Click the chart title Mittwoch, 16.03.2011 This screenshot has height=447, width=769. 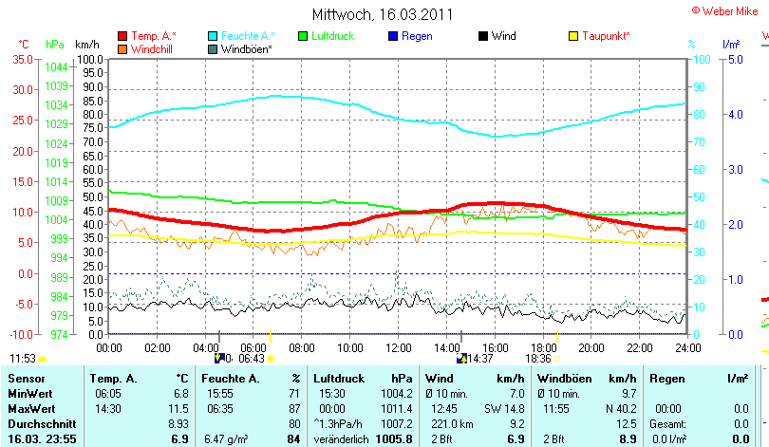click(x=383, y=15)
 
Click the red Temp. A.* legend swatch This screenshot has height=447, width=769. click(x=122, y=36)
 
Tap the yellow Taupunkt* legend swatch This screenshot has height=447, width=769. click(x=572, y=36)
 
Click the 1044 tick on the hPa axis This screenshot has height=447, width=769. click(x=56, y=67)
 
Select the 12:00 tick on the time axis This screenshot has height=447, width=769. click(x=398, y=348)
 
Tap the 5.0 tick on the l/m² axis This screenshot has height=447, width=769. click(x=735, y=59)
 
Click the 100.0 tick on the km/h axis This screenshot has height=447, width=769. click(x=89, y=59)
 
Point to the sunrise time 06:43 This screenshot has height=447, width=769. click(x=251, y=359)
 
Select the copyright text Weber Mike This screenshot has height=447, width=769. click(x=732, y=9)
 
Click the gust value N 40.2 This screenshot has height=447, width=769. click(x=621, y=407)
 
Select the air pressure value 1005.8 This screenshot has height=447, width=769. click(x=394, y=439)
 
